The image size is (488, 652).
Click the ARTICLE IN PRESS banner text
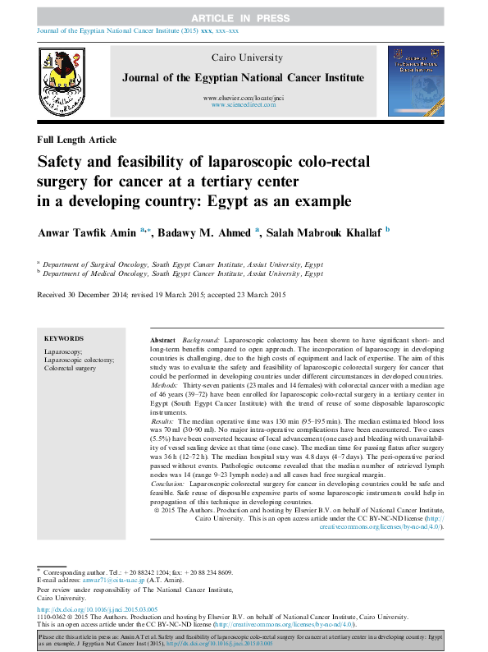click(243, 17)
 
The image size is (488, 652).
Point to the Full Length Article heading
click(77, 140)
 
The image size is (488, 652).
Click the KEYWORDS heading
click(64, 338)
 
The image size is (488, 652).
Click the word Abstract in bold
click(162, 339)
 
